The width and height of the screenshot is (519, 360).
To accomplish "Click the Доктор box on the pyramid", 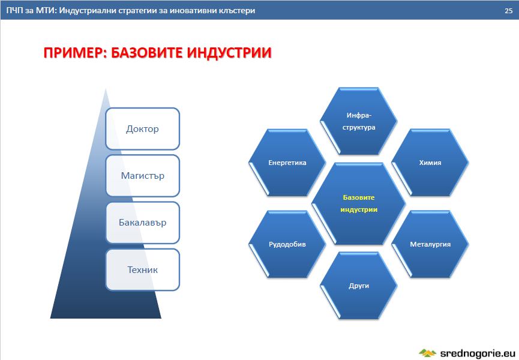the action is (142, 129).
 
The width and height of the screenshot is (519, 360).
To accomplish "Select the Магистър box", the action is (142, 176).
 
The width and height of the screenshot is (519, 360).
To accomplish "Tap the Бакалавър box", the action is (142, 223).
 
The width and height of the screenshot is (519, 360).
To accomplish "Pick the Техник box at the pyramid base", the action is (142, 269).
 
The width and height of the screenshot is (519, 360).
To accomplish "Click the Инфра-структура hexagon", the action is (359, 121).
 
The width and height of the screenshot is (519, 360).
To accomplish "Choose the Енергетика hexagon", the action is (287, 163).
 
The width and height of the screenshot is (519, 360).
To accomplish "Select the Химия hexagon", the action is (430, 163).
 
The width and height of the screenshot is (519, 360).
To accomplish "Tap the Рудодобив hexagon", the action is (287, 244).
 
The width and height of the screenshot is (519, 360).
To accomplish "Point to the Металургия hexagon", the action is (430, 244).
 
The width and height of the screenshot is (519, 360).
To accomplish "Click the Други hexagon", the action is (359, 286).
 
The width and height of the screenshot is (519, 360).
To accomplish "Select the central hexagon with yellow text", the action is (359, 203).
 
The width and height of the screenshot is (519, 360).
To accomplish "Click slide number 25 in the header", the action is (509, 11).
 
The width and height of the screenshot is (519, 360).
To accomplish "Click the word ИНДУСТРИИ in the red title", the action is (229, 53).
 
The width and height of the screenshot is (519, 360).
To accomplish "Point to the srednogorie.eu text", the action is (477, 353).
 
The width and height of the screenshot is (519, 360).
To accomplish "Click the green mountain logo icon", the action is (427, 353).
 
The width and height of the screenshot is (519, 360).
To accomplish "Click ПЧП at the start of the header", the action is (14, 11).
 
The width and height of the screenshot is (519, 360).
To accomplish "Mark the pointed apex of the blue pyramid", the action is (106, 88).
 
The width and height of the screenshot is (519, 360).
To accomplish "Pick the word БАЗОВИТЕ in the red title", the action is (146, 53).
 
